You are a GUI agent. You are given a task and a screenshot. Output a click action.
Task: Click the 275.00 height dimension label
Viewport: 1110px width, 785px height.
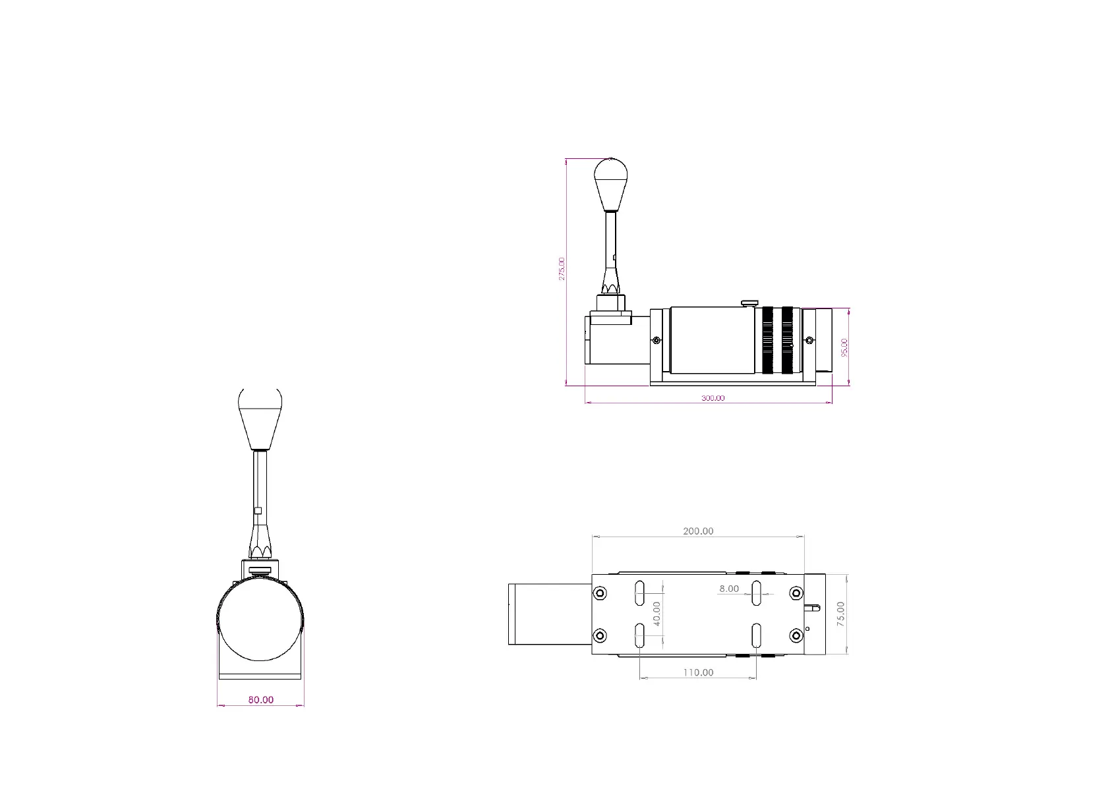[562, 269]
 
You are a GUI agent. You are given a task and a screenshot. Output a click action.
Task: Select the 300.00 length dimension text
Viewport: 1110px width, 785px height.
[713, 398]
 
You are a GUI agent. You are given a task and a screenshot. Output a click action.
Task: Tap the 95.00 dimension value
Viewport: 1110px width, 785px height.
[844, 347]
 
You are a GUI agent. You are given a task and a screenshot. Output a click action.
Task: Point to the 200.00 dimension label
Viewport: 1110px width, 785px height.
[698, 531]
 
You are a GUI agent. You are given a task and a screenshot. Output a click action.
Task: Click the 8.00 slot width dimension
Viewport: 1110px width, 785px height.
[729, 589]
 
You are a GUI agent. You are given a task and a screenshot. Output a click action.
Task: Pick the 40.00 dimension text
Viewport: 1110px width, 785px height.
[657, 614]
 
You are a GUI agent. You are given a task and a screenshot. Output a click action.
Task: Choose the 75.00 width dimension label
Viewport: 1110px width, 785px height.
[840, 614]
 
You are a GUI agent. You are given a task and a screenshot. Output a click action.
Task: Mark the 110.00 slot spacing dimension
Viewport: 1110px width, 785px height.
[698, 672]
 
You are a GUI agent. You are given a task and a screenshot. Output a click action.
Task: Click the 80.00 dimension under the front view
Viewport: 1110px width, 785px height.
[260, 700]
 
